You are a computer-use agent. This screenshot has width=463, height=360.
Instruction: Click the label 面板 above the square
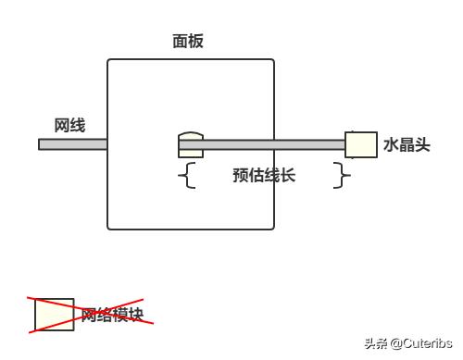(x=188, y=41)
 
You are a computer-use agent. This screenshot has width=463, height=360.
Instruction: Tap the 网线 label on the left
(x=69, y=125)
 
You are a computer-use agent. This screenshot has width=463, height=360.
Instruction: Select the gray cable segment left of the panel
(x=72, y=144)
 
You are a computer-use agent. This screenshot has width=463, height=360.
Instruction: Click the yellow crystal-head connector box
(x=360, y=144)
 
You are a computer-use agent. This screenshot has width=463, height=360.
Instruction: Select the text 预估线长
(x=264, y=175)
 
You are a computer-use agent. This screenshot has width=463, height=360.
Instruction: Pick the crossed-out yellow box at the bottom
(x=55, y=315)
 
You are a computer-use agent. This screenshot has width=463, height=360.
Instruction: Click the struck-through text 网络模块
(x=112, y=315)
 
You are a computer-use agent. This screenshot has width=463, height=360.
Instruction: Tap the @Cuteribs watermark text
(x=421, y=344)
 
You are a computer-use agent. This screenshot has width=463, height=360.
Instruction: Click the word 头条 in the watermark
(x=376, y=344)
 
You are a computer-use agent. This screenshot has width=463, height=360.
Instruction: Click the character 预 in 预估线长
(x=241, y=175)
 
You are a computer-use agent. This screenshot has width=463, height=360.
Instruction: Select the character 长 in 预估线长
(x=287, y=175)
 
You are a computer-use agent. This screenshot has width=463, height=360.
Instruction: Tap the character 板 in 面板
(x=195, y=41)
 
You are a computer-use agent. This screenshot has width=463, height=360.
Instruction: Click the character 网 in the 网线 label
(x=62, y=125)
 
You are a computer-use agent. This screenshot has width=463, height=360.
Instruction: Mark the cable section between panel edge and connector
(x=310, y=144)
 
